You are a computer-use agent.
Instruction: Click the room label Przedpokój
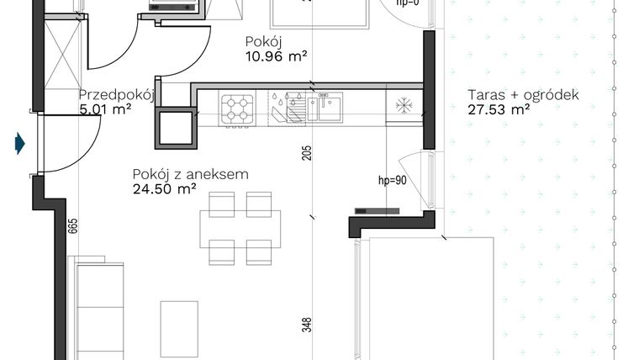click(x=114, y=95)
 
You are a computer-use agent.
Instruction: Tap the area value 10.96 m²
click(x=276, y=56)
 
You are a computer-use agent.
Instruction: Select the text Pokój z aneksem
click(x=189, y=174)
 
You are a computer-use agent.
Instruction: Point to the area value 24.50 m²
click(x=164, y=189)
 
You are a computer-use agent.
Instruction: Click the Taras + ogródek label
click(x=523, y=95)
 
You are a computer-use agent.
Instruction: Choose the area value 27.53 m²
click(x=499, y=109)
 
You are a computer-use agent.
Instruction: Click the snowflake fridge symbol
click(x=403, y=107)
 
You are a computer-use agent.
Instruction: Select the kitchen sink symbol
click(x=324, y=108)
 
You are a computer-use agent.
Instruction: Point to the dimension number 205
click(x=307, y=153)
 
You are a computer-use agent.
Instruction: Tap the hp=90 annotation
click(x=392, y=180)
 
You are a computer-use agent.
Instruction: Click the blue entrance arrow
click(x=18, y=144)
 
